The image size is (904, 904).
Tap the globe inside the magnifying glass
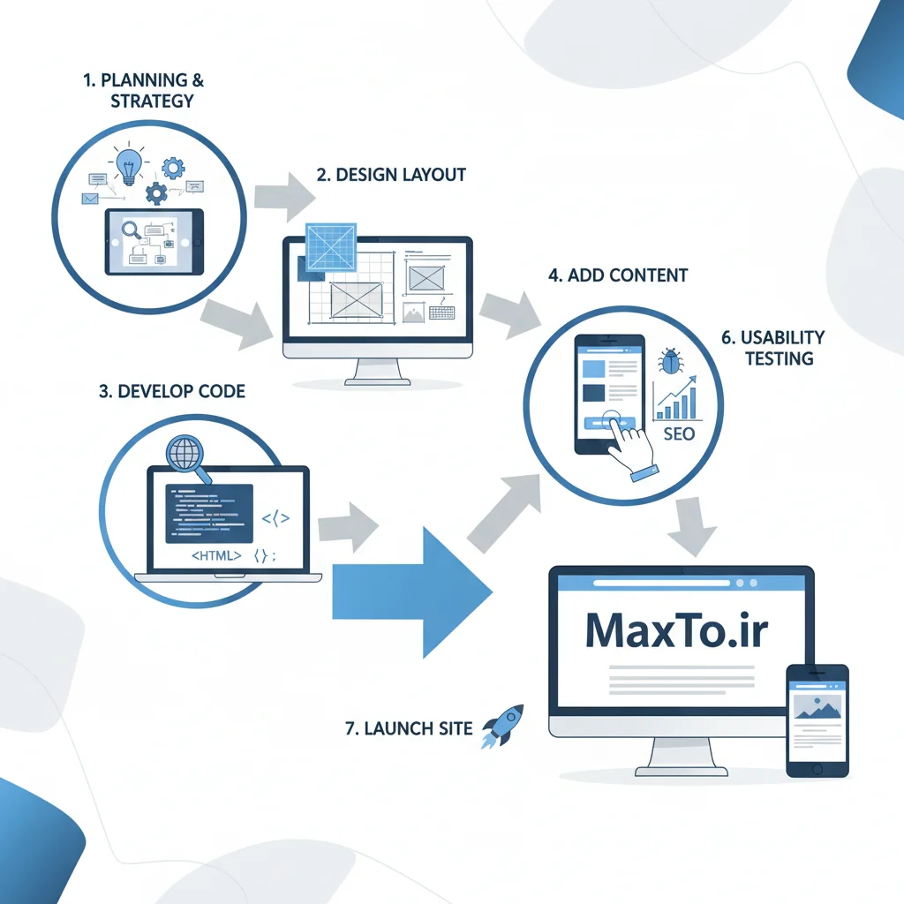point(185,456)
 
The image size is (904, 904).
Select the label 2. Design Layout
point(391,174)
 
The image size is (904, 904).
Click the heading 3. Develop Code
point(172,391)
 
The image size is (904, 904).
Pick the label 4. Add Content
point(617,275)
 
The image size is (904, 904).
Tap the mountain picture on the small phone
point(817,704)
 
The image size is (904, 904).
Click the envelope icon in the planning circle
point(89,200)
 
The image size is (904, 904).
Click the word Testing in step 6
point(778,358)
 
